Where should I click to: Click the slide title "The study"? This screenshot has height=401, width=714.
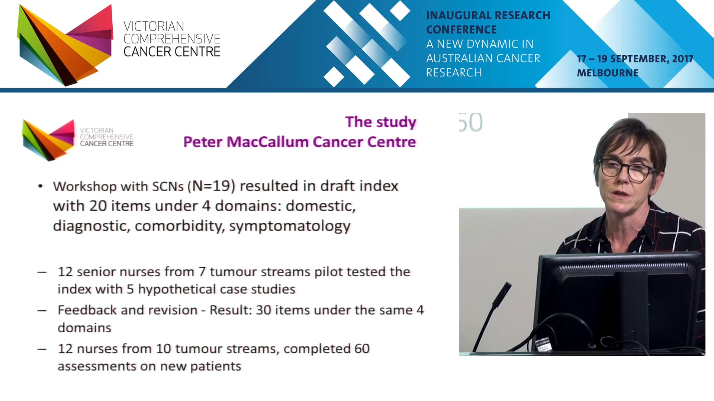380,122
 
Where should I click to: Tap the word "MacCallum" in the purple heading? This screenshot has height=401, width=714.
268,142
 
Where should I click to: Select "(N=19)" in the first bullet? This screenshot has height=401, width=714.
211,186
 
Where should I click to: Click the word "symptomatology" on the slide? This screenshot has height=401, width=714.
290,226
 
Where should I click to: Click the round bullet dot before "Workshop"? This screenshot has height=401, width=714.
41,186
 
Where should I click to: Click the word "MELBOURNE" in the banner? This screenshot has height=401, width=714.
607,73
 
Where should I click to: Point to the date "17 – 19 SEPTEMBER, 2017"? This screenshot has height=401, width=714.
635,59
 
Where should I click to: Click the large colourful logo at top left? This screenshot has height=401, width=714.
65,45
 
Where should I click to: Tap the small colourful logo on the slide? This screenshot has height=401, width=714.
48,139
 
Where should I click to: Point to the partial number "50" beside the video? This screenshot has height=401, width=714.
471,123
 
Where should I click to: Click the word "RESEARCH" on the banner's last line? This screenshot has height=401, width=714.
454,73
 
